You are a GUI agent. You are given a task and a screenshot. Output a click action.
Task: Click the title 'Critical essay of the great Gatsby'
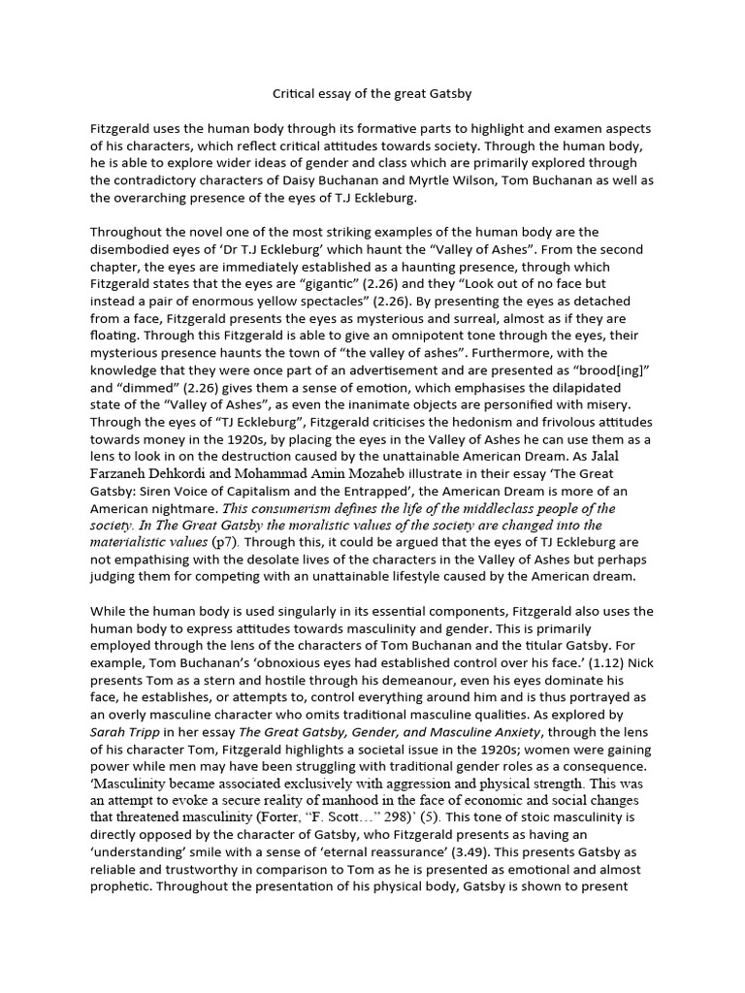[372, 94]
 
